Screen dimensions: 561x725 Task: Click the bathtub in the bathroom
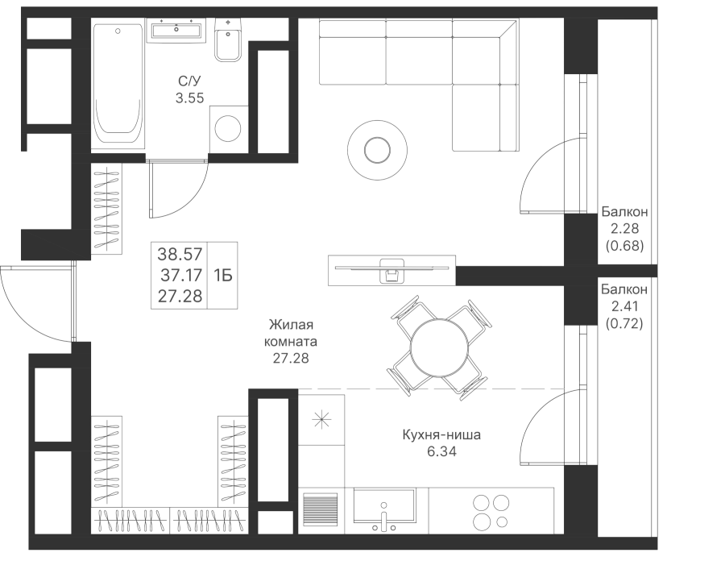tap(119, 85)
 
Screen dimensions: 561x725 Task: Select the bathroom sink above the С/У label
tap(175, 31)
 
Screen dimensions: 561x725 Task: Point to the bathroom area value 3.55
tap(190, 98)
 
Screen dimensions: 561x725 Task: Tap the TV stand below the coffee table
tap(392, 269)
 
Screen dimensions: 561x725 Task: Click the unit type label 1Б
tap(222, 275)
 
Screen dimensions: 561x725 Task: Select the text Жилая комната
tap(291, 333)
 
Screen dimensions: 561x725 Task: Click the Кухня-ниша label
tap(441, 437)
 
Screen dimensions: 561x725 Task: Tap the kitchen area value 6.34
tap(441, 451)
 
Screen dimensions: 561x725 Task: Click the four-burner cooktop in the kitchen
tap(490, 509)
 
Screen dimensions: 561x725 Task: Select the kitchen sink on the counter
tap(385, 511)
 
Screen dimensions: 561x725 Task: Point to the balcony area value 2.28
tap(624, 228)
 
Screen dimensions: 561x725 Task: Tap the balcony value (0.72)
tap(624, 322)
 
